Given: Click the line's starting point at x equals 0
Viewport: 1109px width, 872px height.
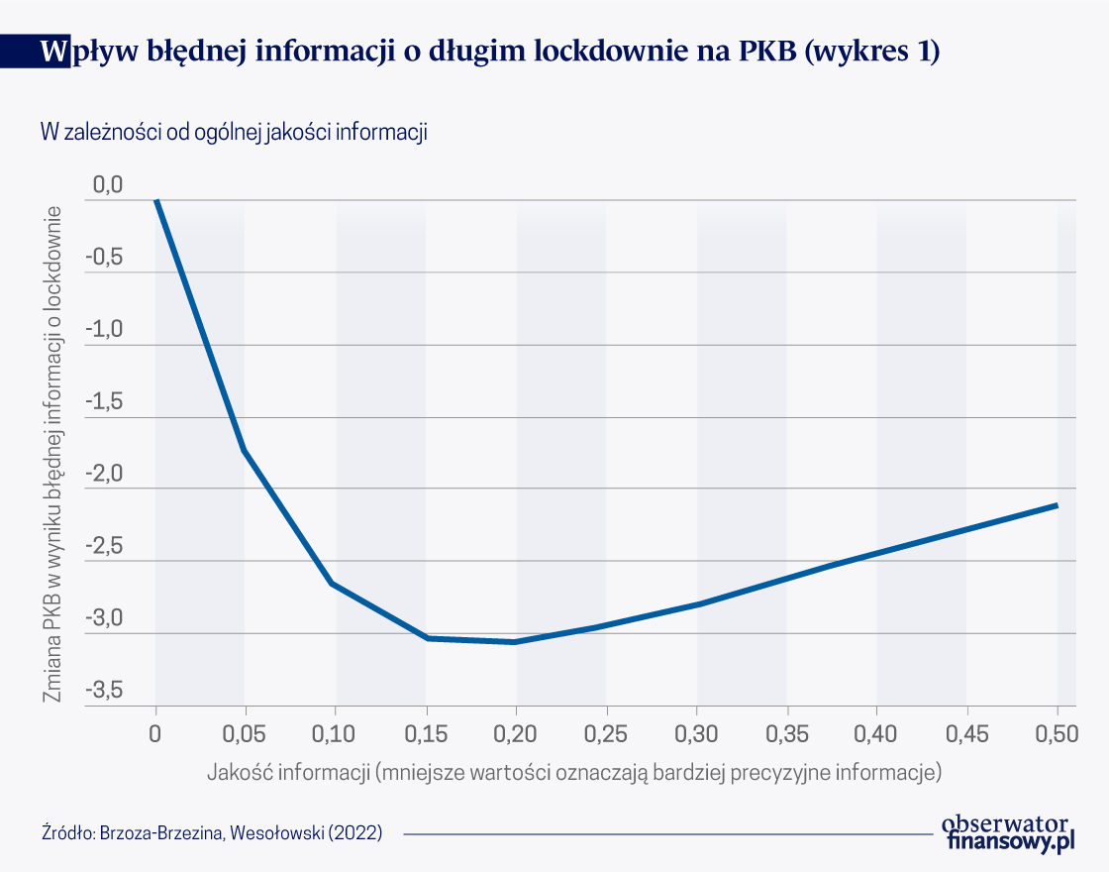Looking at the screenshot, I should point(155,200).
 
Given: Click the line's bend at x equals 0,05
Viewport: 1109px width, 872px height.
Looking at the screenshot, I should point(245,451).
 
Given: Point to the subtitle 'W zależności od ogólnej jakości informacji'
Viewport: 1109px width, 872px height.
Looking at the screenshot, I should point(233,132).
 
